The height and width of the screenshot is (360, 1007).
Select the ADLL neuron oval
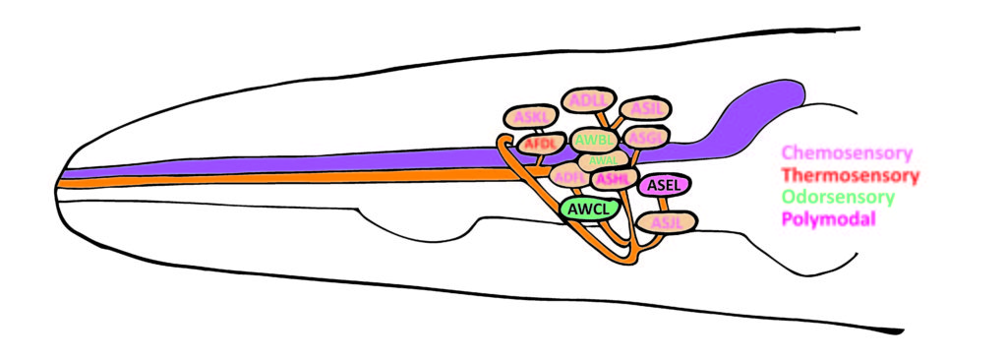coord(588,99)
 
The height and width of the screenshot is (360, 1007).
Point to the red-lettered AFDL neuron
coord(541,144)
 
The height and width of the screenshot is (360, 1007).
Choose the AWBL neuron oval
coord(594,140)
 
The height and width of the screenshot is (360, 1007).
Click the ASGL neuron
coord(646,136)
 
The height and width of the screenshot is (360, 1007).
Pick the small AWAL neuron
coord(603,159)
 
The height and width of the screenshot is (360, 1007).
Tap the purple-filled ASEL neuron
coord(665,184)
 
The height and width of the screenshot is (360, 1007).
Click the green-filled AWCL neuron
coord(589,208)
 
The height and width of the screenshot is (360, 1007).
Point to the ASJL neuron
coord(666,222)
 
